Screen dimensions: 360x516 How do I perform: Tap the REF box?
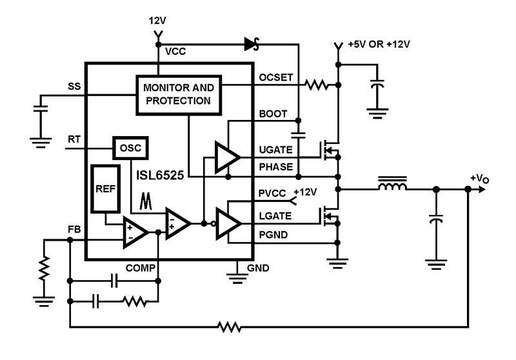click(x=104, y=188)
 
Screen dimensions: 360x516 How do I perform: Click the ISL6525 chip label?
click(x=163, y=173)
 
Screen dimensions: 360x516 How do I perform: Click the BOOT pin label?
click(x=272, y=114)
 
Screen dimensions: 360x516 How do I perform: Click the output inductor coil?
click(x=392, y=188)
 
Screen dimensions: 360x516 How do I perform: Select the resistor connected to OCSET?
click(x=317, y=85)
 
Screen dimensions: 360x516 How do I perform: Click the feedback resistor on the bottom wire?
click(x=230, y=328)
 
